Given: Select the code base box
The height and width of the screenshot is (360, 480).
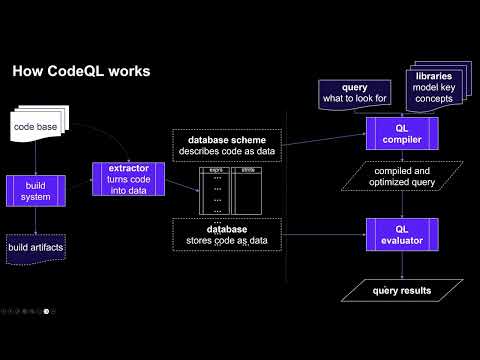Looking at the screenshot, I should (x=37, y=128).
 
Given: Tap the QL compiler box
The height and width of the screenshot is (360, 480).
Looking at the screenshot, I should (x=402, y=133).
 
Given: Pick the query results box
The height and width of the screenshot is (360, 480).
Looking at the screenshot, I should (x=402, y=291).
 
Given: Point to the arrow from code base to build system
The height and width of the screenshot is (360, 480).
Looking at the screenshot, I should (x=34, y=158).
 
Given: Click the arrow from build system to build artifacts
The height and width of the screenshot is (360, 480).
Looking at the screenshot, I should (x=34, y=219).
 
